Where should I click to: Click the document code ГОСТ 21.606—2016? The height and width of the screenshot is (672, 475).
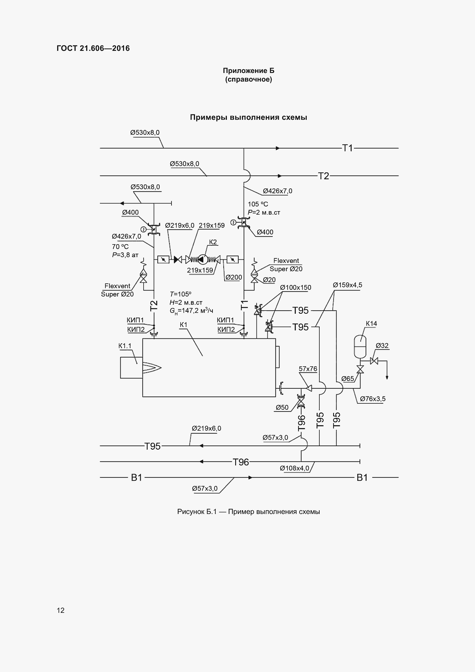[x=93, y=48]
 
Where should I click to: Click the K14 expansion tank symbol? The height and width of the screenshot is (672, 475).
[x=360, y=347]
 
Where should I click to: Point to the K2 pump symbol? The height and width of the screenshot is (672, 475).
[x=203, y=259]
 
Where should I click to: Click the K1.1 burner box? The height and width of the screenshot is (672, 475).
[x=131, y=368]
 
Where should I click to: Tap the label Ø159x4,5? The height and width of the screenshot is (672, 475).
[x=347, y=285]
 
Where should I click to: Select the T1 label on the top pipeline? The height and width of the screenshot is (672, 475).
[x=347, y=148]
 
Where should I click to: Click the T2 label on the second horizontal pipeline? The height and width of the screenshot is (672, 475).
[x=323, y=176]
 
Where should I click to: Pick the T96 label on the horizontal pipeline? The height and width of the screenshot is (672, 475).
[x=240, y=462]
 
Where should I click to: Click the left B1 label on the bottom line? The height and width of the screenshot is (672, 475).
[x=137, y=478]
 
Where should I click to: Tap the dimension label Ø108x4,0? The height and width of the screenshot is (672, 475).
[x=294, y=468]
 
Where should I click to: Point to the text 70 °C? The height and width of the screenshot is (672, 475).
[x=120, y=247]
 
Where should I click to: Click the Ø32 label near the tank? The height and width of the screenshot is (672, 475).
[x=382, y=346]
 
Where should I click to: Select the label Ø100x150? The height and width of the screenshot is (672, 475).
[x=296, y=288]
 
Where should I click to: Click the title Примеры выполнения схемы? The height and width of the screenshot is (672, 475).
[x=248, y=118]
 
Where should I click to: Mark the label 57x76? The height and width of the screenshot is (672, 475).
[x=308, y=369]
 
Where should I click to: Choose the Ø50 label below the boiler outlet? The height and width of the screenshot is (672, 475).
[x=282, y=407]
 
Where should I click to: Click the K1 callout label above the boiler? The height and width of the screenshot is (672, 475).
[x=184, y=325]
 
